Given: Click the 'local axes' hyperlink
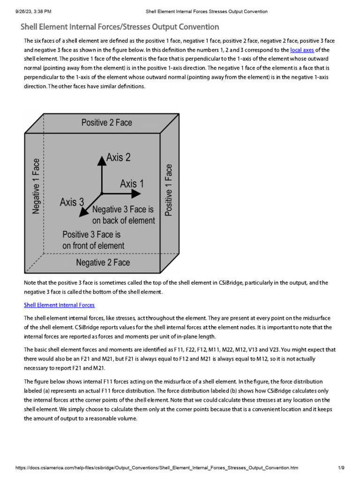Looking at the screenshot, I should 302,50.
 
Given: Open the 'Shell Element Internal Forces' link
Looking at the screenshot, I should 59,305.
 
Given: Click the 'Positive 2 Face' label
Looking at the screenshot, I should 107,122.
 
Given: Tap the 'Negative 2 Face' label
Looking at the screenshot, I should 103,262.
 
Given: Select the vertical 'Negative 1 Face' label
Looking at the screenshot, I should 36,186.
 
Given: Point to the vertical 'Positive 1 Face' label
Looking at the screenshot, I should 169,189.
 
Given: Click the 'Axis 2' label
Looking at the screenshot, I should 118,157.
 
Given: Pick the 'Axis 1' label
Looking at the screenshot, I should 132,183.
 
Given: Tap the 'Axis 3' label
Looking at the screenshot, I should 72,202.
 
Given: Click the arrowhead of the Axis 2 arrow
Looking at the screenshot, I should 101,159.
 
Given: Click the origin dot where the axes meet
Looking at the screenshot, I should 101,193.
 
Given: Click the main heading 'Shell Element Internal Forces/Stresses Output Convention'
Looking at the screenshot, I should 120,27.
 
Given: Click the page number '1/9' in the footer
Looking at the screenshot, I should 341,468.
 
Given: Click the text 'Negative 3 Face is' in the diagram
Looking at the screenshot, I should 123,210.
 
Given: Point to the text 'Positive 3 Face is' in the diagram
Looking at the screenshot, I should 91,234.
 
